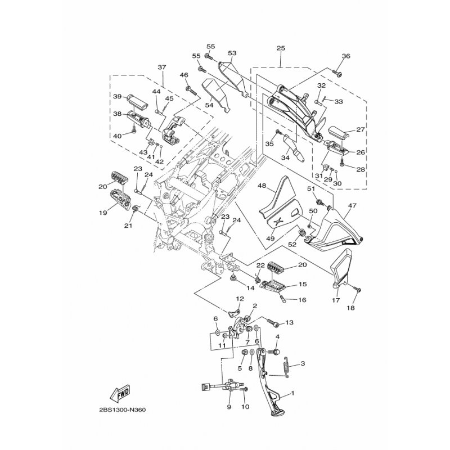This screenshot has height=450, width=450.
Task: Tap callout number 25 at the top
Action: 281,48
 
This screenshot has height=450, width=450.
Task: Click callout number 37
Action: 162,67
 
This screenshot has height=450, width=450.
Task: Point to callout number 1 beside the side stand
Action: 292,393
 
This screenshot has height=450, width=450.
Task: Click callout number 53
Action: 232,53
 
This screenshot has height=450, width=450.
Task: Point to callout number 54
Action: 209,105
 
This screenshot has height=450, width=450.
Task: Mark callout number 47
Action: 352,205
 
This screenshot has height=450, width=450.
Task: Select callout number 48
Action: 262,186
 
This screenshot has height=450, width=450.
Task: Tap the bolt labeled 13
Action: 273,322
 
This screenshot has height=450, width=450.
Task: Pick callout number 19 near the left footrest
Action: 103,213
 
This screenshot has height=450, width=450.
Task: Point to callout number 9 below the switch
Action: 229,407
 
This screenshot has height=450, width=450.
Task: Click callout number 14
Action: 250,287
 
